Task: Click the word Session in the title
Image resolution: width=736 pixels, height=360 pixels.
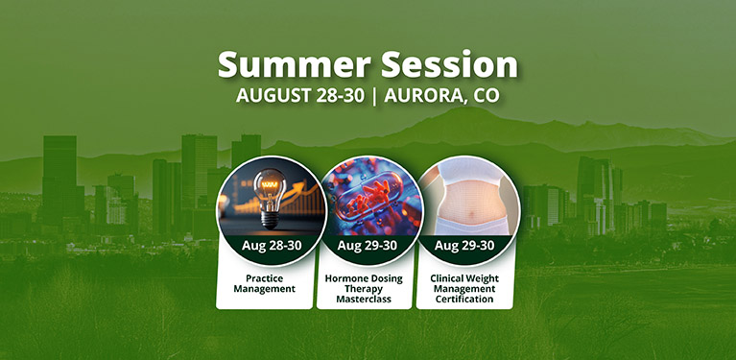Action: (x=449, y=64)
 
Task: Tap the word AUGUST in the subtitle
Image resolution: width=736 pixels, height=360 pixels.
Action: (x=273, y=95)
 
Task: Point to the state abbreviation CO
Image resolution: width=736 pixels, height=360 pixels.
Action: (x=486, y=95)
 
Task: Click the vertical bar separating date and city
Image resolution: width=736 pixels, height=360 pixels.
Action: (x=374, y=96)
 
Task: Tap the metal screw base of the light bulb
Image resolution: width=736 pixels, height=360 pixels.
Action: (x=270, y=220)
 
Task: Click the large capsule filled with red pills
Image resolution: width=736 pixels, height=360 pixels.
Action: (x=368, y=193)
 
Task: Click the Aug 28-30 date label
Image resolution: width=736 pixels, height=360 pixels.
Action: (x=272, y=245)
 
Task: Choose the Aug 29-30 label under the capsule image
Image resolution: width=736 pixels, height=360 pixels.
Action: (x=368, y=245)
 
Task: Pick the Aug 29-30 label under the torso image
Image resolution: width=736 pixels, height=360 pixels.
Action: (x=464, y=245)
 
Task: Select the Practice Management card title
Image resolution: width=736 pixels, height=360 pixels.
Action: (x=265, y=283)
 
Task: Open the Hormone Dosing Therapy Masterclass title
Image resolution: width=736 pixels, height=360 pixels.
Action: (x=364, y=289)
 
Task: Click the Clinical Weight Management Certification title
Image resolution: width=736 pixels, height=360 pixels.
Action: (x=464, y=289)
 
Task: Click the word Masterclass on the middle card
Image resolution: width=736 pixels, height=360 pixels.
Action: (x=364, y=299)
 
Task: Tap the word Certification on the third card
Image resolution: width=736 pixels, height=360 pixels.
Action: (x=464, y=299)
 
